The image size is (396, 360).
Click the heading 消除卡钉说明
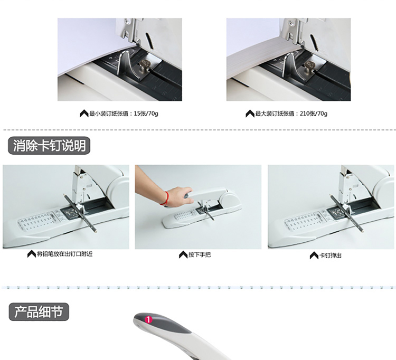[x=49, y=146]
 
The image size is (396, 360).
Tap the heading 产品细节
[x=39, y=312]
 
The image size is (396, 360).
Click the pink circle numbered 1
[x=148, y=320]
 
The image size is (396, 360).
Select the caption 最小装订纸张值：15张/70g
[x=124, y=113]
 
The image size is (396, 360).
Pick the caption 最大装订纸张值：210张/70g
[x=291, y=113]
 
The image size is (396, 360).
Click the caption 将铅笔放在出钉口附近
[x=64, y=254]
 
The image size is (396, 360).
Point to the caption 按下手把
[x=199, y=255]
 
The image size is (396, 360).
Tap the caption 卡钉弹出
[x=331, y=255]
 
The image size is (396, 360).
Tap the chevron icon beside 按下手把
[x=183, y=255]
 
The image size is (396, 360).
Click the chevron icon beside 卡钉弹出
[x=314, y=255]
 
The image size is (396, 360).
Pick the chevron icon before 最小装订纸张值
[x=84, y=113]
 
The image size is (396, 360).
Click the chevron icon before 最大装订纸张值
[x=250, y=113]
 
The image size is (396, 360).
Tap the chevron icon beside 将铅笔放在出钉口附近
[x=32, y=254]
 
